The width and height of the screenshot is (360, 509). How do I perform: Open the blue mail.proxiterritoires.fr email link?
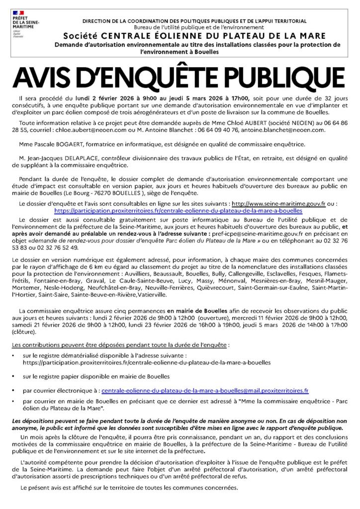point(204,391)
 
